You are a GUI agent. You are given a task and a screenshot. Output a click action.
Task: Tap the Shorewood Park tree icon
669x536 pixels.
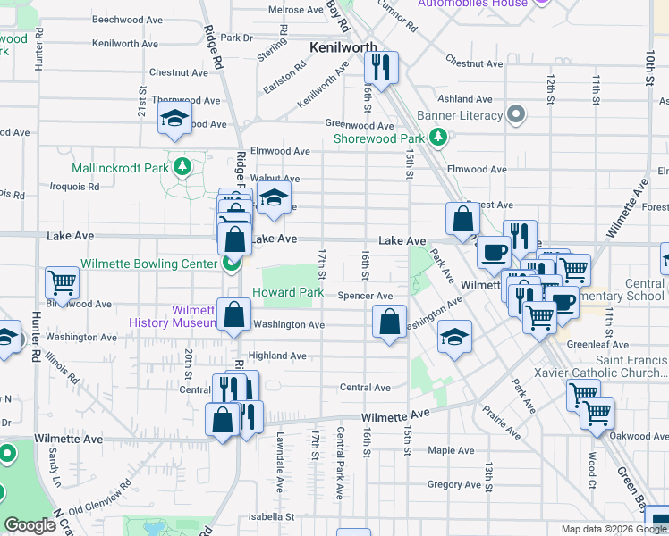point(437,137)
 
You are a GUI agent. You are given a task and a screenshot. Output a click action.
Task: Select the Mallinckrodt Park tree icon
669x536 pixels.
point(183,166)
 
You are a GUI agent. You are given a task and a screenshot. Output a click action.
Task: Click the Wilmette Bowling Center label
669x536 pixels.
point(148,264)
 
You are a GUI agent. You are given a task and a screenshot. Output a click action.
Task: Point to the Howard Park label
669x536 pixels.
point(287,292)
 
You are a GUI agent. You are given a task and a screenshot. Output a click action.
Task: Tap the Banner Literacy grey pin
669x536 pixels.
point(515,114)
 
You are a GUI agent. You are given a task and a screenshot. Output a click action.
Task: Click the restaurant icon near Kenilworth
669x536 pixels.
point(382,67)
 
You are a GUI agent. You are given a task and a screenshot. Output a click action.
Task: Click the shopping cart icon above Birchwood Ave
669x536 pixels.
point(63,282)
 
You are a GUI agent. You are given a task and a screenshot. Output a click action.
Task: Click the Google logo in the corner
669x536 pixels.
point(30,525)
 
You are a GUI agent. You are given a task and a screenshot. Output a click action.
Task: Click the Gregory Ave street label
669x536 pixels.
point(455,484)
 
